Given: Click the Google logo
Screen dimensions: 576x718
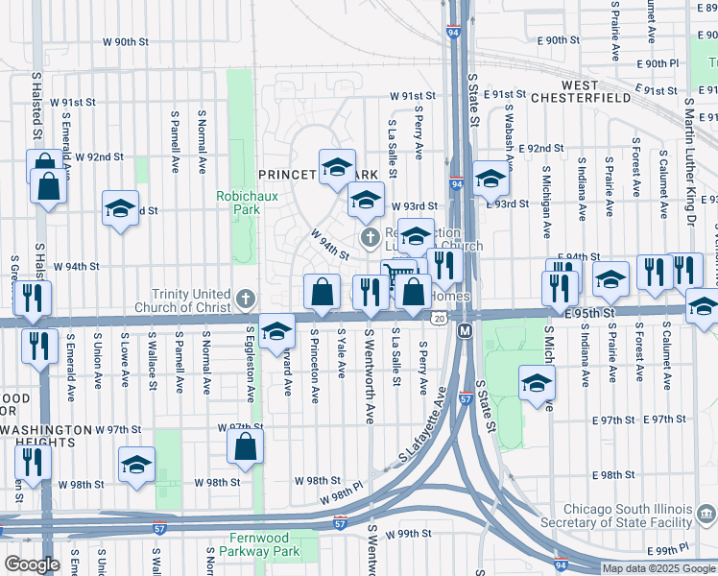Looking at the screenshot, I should coord(32,564).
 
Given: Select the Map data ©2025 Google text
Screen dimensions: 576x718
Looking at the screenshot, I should coord(658,568).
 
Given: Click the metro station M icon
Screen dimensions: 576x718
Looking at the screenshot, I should coord(466,330).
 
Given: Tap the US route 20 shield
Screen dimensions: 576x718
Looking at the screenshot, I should coord(439,318).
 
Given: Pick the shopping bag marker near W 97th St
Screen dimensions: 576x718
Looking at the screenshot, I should coord(246,445).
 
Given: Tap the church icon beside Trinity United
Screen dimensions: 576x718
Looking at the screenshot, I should coord(247,298).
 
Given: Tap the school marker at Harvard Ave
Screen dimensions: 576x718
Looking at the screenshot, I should coord(276,332).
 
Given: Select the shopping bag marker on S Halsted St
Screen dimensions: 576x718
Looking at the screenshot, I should coord(47,185).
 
